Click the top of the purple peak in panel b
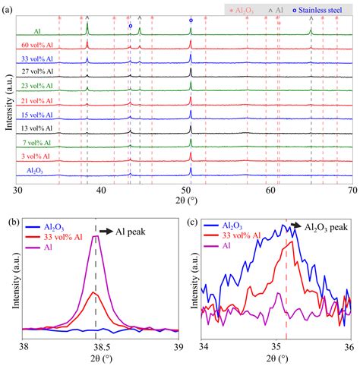tap(96, 236)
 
